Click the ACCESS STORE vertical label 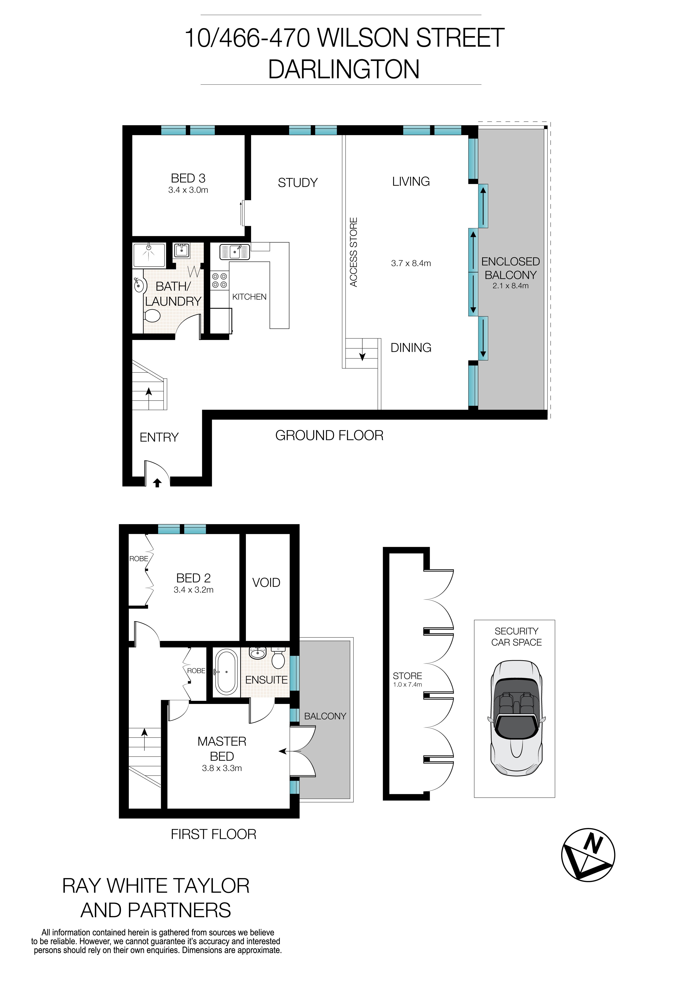point(353,252)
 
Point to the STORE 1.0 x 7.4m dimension point(407,685)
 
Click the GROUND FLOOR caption point(329,436)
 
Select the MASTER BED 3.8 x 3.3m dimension point(221,768)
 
